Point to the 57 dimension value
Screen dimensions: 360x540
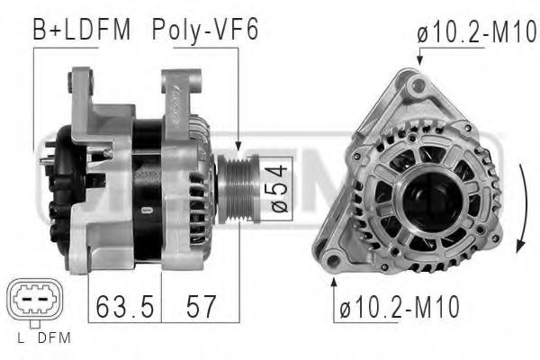[x=199, y=307]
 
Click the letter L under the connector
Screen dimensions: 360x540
[x=21, y=338]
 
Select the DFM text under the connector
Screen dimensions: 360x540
[x=54, y=338]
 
